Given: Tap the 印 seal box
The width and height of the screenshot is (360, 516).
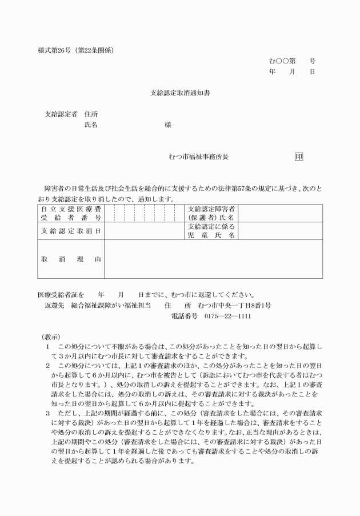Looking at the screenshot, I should (x=298, y=156).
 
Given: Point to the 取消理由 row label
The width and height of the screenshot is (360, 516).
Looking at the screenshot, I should (x=70, y=259).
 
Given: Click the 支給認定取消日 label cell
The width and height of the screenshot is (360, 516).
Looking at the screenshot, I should (x=70, y=230).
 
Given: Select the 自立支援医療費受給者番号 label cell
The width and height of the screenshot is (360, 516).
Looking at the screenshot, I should (x=70, y=213).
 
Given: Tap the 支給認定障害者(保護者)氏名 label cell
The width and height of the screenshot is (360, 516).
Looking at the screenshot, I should (x=211, y=213).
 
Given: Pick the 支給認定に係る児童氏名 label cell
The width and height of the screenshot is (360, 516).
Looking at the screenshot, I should (x=211, y=230).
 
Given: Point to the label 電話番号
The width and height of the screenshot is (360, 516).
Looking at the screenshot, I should (x=185, y=317).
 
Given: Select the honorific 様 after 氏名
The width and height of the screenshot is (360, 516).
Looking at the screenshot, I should (x=167, y=125).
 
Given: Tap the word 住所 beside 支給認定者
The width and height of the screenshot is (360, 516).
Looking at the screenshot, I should (x=91, y=114).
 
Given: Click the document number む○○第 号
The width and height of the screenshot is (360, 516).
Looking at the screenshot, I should (x=292, y=61).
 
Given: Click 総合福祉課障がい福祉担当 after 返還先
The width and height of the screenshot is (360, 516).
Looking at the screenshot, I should (x=111, y=306).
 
